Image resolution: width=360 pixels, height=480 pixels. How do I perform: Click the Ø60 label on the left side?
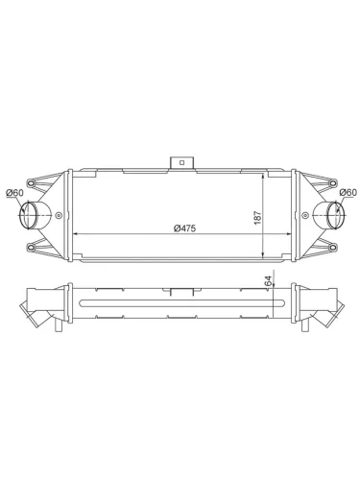[14, 193]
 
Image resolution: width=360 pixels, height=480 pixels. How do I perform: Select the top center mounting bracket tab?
[180, 160]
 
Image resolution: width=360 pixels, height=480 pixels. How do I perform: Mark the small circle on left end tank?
[61, 215]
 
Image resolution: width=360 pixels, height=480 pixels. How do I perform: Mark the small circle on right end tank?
[300, 215]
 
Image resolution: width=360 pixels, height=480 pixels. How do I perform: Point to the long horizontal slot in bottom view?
[181, 305]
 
